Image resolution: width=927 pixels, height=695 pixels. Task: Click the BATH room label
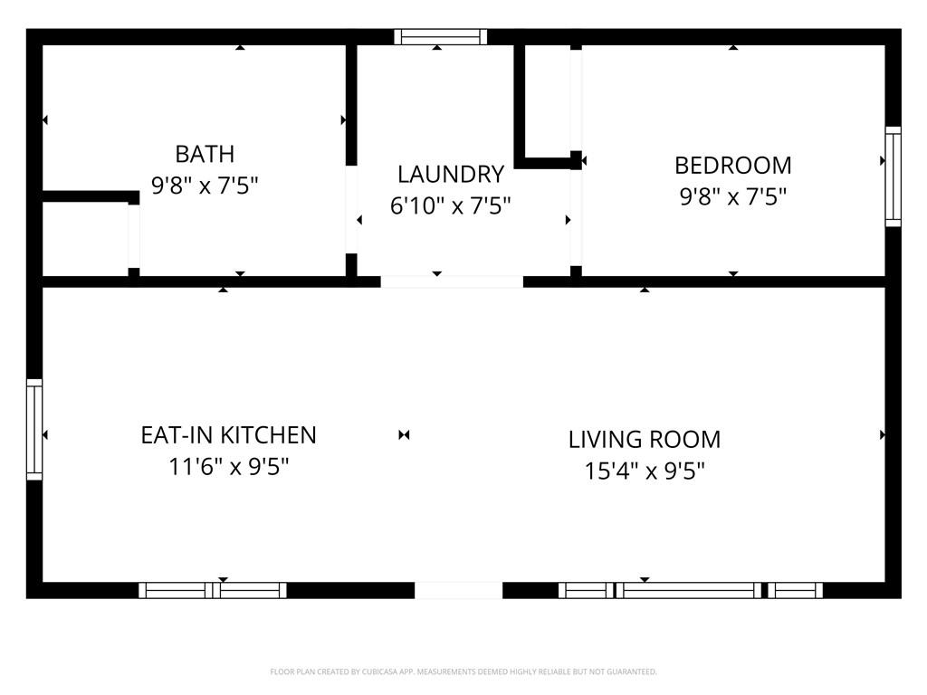tap(205, 154)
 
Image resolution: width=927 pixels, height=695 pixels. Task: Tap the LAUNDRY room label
tap(451, 175)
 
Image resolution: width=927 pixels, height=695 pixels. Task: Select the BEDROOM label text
tap(733, 166)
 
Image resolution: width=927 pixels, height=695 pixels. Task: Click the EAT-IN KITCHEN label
tap(228, 435)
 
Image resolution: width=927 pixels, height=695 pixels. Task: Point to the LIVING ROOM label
tap(645, 440)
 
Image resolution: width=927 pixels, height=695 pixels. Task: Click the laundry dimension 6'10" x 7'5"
tap(451, 205)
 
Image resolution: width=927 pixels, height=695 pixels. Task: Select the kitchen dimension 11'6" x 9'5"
tap(229, 467)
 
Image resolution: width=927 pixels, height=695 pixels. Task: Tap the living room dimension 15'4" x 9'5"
tap(645, 471)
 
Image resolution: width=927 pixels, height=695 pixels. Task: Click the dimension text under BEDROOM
tap(733, 196)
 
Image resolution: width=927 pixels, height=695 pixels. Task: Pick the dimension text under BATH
tap(205, 186)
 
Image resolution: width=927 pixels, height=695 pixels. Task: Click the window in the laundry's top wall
tap(441, 36)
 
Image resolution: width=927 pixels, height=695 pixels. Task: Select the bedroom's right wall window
tap(893, 176)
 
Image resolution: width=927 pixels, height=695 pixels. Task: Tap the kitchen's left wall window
tap(34, 429)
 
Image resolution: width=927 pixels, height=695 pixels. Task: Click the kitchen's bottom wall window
tap(213, 590)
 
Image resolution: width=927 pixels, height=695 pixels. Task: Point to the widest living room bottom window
tap(689, 590)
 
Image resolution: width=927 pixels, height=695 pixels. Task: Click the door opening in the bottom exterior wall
tap(459, 590)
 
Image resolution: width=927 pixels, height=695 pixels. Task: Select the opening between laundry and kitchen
tap(452, 282)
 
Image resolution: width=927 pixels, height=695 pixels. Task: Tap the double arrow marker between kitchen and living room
tap(404, 435)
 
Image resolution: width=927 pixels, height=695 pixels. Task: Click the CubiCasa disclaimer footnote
tap(463, 672)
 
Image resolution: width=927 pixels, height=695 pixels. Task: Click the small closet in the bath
tap(86, 239)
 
